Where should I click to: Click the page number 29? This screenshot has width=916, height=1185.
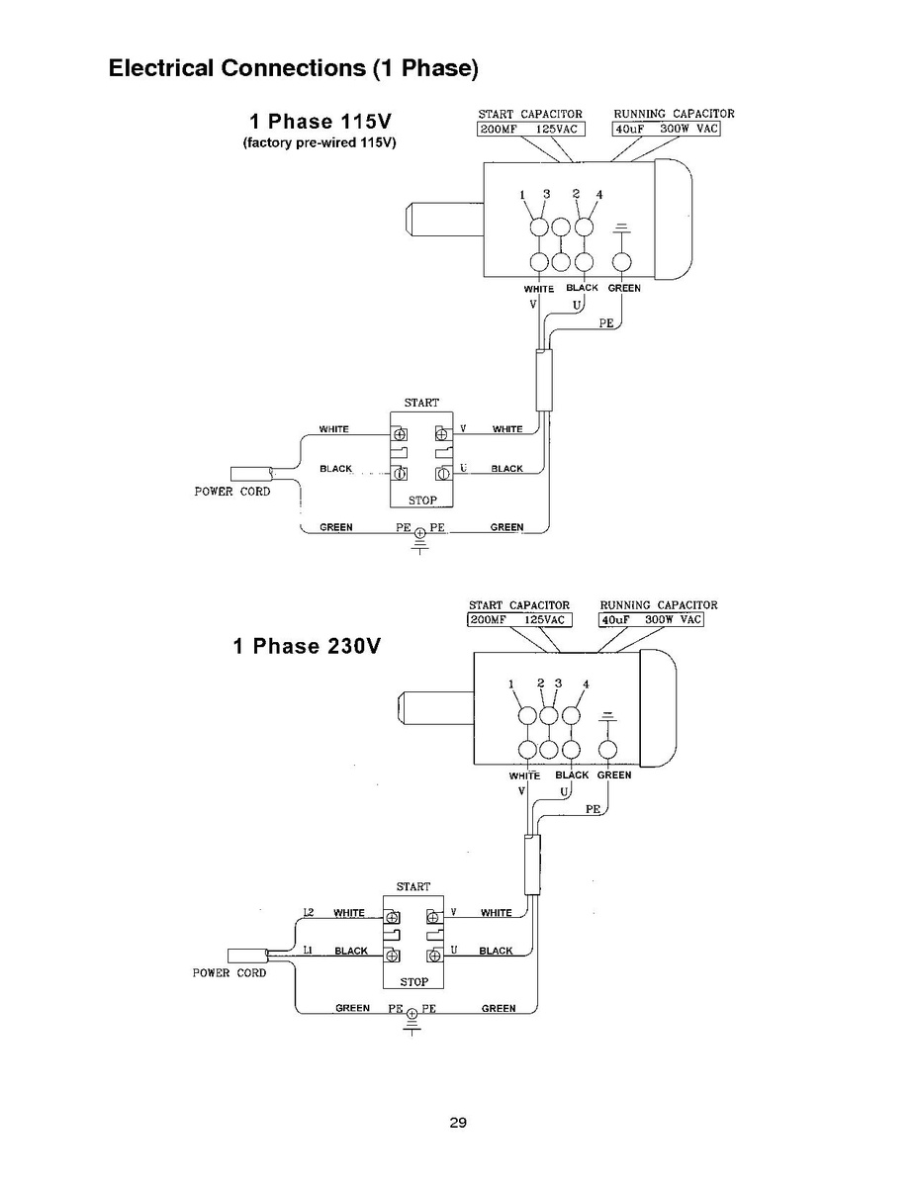[458, 1123]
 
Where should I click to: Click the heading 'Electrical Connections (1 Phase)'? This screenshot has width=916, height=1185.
[293, 68]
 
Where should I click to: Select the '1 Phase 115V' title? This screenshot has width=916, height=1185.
[321, 122]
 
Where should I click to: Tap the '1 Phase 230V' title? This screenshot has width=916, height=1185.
[307, 646]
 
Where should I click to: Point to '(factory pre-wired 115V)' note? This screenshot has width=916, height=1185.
[320, 142]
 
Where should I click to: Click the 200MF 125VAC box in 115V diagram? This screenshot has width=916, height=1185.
[530, 130]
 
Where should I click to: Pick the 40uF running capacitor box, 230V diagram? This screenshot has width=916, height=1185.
[651, 620]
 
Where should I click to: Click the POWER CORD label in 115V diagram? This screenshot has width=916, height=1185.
[232, 492]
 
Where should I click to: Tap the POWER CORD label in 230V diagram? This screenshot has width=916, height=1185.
[229, 973]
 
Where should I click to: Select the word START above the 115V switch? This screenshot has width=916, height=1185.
[421, 403]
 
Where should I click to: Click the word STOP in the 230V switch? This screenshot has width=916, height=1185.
[413, 981]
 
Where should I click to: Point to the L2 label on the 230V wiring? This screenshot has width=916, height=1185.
[309, 912]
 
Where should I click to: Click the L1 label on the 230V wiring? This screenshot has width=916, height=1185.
[308, 950]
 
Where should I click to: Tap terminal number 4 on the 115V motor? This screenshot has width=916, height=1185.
[599, 195]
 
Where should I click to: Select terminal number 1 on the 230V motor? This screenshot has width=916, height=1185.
[510, 684]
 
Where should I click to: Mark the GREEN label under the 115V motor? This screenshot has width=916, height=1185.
[624, 288]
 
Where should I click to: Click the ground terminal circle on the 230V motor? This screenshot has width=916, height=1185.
[607, 750]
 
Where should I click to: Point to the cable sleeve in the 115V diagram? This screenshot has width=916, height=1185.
[544, 380]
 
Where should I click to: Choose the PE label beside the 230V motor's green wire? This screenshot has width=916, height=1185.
[593, 809]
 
